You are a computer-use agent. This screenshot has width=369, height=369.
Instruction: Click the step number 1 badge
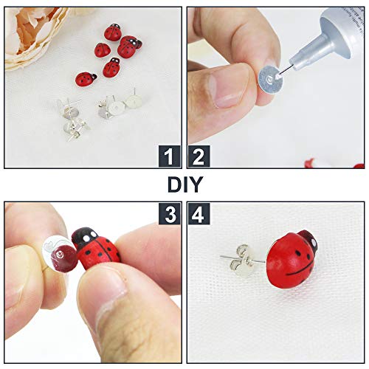[169, 156]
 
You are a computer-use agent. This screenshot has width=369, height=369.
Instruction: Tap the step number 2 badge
[199, 156]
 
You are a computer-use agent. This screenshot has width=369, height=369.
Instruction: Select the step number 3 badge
[169, 213]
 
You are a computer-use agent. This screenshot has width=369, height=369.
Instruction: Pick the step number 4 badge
[199, 213]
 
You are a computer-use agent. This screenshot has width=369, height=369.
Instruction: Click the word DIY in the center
[184, 184]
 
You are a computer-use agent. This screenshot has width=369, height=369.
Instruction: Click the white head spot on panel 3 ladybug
[83, 236]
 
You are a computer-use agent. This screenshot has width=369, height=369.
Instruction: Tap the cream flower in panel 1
[33, 37]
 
